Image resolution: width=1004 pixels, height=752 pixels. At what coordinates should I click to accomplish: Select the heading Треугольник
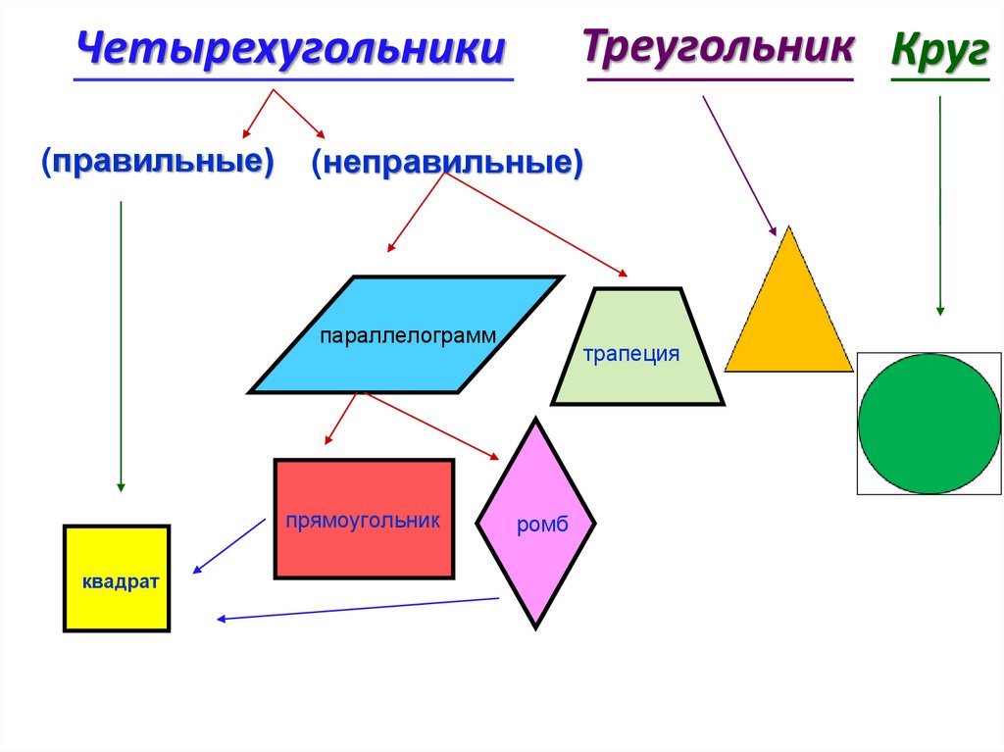pyautogui.click(x=718, y=46)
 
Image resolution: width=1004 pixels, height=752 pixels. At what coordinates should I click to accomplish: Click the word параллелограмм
pyautogui.click(x=407, y=335)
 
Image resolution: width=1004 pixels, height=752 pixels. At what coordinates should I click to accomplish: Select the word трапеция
pyautogui.click(x=631, y=354)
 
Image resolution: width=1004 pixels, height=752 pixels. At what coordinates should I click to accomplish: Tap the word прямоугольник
pyautogui.click(x=363, y=520)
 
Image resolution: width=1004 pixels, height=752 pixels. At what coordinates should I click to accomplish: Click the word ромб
pyautogui.click(x=542, y=525)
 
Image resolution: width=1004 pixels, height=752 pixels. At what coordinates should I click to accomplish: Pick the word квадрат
pyautogui.click(x=121, y=581)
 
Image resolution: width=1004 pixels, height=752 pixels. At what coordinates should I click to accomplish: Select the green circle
pyautogui.click(x=929, y=423)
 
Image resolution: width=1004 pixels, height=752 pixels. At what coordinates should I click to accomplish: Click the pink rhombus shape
pyautogui.click(x=536, y=569)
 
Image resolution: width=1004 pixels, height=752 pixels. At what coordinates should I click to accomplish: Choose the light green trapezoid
pyautogui.click(x=637, y=382)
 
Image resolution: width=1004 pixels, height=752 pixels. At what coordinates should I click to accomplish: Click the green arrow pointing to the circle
pyautogui.click(x=940, y=206)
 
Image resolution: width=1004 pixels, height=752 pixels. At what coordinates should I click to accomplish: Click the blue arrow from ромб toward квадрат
pyautogui.click(x=358, y=608)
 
